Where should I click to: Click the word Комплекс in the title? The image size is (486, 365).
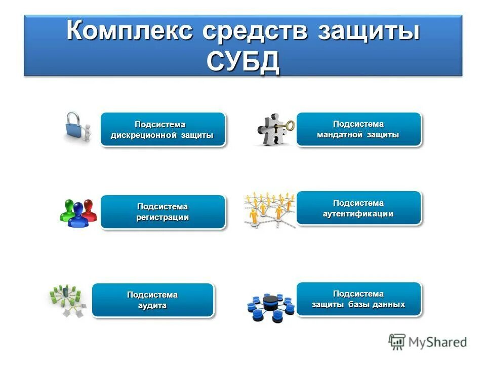(x=130, y=31)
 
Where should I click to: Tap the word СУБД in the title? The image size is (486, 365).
(x=243, y=62)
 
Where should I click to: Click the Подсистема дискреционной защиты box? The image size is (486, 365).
(x=163, y=130)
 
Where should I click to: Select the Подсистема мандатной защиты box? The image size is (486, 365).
(x=358, y=129)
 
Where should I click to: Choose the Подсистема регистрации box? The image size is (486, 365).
(x=163, y=212)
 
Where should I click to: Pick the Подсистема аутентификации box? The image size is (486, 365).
(x=358, y=208)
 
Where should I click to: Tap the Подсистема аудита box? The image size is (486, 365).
(x=152, y=300)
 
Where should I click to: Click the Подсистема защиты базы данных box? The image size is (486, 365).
(x=358, y=299)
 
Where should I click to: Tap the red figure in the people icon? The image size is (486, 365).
(x=90, y=209)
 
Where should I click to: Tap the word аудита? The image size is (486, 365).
(x=152, y=306)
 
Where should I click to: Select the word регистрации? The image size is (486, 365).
(x=163, y=217)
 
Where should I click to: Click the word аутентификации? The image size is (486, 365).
(x=358, y=214)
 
